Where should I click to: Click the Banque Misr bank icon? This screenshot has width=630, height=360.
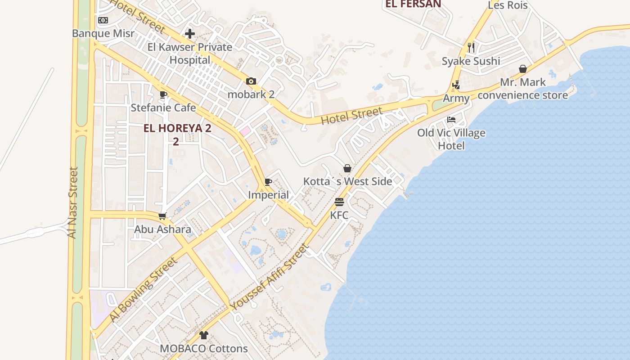click(x=103, y=20)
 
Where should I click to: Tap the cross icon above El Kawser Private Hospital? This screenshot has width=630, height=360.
click(x=190, y=34)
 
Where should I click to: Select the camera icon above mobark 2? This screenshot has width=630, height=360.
click(x=251, y=81)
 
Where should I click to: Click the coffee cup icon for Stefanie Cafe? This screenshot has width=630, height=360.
click(x=163, y=94)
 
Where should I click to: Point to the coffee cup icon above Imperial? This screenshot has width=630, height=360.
click(x=268, y=182)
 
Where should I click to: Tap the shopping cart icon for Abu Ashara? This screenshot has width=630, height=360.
click(x=162, y=216)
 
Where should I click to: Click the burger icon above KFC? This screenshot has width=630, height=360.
click(x=339, y=202)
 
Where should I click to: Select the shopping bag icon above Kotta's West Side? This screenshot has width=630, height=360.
click(x=347, y=168)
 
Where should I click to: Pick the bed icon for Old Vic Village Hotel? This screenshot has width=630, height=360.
click(x=451, y=120)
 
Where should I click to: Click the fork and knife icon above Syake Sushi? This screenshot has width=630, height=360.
click(x=471, y=48)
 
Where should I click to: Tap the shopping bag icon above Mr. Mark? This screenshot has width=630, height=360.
click(x=523, y=69)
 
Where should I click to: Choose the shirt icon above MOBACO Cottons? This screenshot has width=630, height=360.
click(x=204, y=335)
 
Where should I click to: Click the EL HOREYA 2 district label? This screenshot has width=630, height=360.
click(x=177, y=128)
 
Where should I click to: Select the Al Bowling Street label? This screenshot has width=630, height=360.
click(x=143, y=289)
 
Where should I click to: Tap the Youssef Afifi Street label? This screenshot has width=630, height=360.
click(x=270, y=276)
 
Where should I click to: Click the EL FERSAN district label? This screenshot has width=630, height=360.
click(x=413, y=4)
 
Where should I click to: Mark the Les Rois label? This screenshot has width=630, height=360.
click(x=508, y=5)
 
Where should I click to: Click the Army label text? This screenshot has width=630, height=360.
click(x=456, y=98)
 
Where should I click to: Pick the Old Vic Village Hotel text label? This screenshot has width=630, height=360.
click(x=451, y=139)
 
